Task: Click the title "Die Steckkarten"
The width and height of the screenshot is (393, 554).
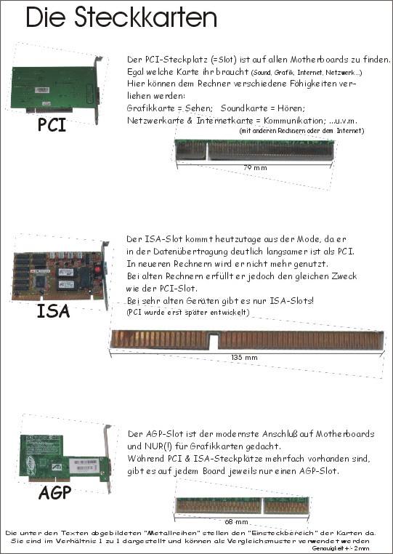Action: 121,17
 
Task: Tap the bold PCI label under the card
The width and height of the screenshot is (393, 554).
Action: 52,125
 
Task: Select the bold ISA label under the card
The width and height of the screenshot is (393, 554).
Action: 53,311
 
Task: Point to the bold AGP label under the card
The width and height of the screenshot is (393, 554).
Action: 54,492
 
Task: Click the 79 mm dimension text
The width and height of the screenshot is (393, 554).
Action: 255,167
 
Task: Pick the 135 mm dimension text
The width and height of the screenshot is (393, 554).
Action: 244,357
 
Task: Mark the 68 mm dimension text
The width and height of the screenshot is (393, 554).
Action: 236,521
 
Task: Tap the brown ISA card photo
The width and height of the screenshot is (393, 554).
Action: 60,275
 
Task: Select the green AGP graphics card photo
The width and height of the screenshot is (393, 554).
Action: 65,458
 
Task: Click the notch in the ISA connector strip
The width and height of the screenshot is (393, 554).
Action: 214,341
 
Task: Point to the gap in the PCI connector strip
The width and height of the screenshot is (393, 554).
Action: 206,150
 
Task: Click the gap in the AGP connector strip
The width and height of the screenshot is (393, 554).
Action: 262,505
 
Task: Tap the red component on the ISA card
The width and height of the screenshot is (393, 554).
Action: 98,270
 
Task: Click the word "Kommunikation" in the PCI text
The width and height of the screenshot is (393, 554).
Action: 293,121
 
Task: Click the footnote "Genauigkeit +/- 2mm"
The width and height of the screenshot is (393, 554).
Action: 341,548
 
